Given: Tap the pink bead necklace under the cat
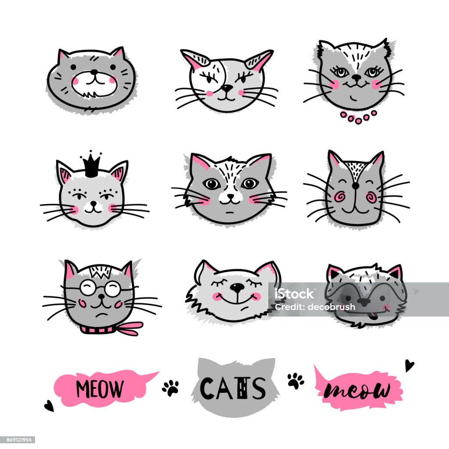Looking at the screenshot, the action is pyautogui.click(x=358, y=118).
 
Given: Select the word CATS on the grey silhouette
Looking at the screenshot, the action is pyautogui.click(x=233, y=388).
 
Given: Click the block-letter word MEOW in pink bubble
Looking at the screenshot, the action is pyautogui.click(x=100, y=388).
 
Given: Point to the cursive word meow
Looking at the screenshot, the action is pyautogui.click(x=357, y=390).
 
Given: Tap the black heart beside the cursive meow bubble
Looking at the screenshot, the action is pyautogui.click(x=409, y=365).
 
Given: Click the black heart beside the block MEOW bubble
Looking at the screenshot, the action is pyautogui.click(x=49, y=406).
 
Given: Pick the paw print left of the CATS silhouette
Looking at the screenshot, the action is pyautogui.click(x=171, y=388).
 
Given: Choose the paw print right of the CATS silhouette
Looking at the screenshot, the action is pyautogui.click(x=296, y=381).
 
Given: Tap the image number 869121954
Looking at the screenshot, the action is pyautogui.click(x=18, y=439).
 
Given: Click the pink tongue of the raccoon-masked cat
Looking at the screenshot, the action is pyautogui.click(x=372, y=316).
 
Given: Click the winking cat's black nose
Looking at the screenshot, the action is pyautogui.click(x=227, y=88).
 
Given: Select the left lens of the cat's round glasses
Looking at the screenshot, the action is pyautogui.click(x=87, y=288).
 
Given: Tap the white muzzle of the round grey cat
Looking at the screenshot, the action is pyautogui.click(x=95, y=84).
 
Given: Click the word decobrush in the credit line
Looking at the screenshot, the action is pyautogui.click(x=331, y=307).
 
